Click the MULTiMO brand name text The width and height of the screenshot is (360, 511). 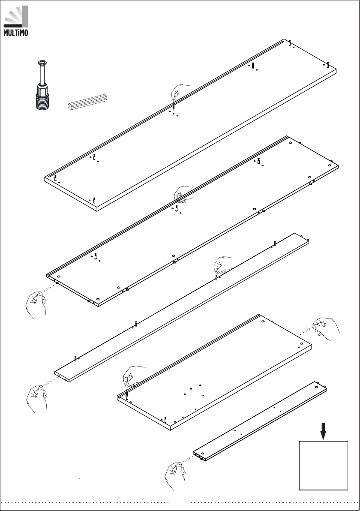click(15, 33)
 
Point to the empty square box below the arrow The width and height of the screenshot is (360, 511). click(324, 466)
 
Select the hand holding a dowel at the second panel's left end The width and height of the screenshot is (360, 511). click(36, 305)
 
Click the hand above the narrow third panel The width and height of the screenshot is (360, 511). click(223, 265)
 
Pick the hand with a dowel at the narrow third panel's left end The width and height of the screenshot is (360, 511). click(37, 399)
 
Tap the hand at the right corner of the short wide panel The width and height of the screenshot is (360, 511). click(326, 329)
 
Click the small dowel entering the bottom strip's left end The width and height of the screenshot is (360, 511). click(186, 460)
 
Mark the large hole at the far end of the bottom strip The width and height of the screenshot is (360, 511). click(316, 387)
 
